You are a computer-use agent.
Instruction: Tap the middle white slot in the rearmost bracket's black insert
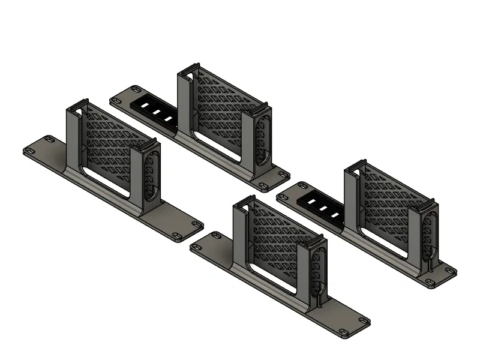coord(155,111)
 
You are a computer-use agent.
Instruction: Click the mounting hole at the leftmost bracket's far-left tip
coord(28,150)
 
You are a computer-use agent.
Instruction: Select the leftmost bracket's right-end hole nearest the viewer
coord(178,235)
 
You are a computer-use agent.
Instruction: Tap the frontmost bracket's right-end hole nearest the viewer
coord(343,332)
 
